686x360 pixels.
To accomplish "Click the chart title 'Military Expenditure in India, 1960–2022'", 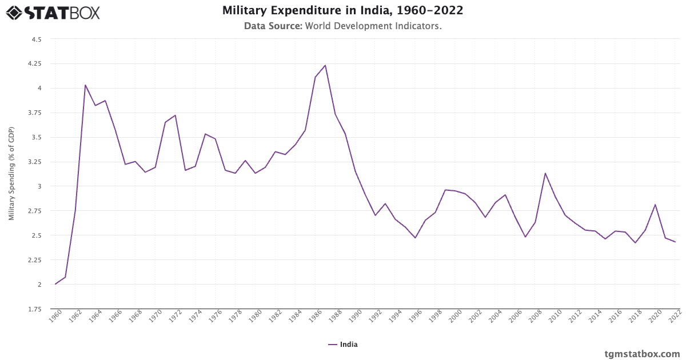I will click(x=342, y=11).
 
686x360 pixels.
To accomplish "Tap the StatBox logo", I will click(x=53, y=12).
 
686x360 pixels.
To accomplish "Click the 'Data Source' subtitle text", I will click(x=342, y=26).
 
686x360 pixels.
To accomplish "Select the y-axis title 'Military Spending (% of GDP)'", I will click(x=11, y=174).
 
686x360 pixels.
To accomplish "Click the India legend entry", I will click(x=343, y=345).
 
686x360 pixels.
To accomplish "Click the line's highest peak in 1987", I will click(x=325, y=65).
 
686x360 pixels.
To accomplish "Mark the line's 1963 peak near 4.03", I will click(x=85, y=85).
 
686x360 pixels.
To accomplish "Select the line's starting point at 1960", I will click(x=55, y=284).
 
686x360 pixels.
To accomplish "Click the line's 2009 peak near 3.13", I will click(x=545, y=173).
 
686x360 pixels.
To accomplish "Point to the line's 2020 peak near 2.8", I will click(x=655, y=205).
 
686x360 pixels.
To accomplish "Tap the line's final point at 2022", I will click(x=675, y=242).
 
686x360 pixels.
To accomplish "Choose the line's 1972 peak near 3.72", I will click(x=176, y=115).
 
